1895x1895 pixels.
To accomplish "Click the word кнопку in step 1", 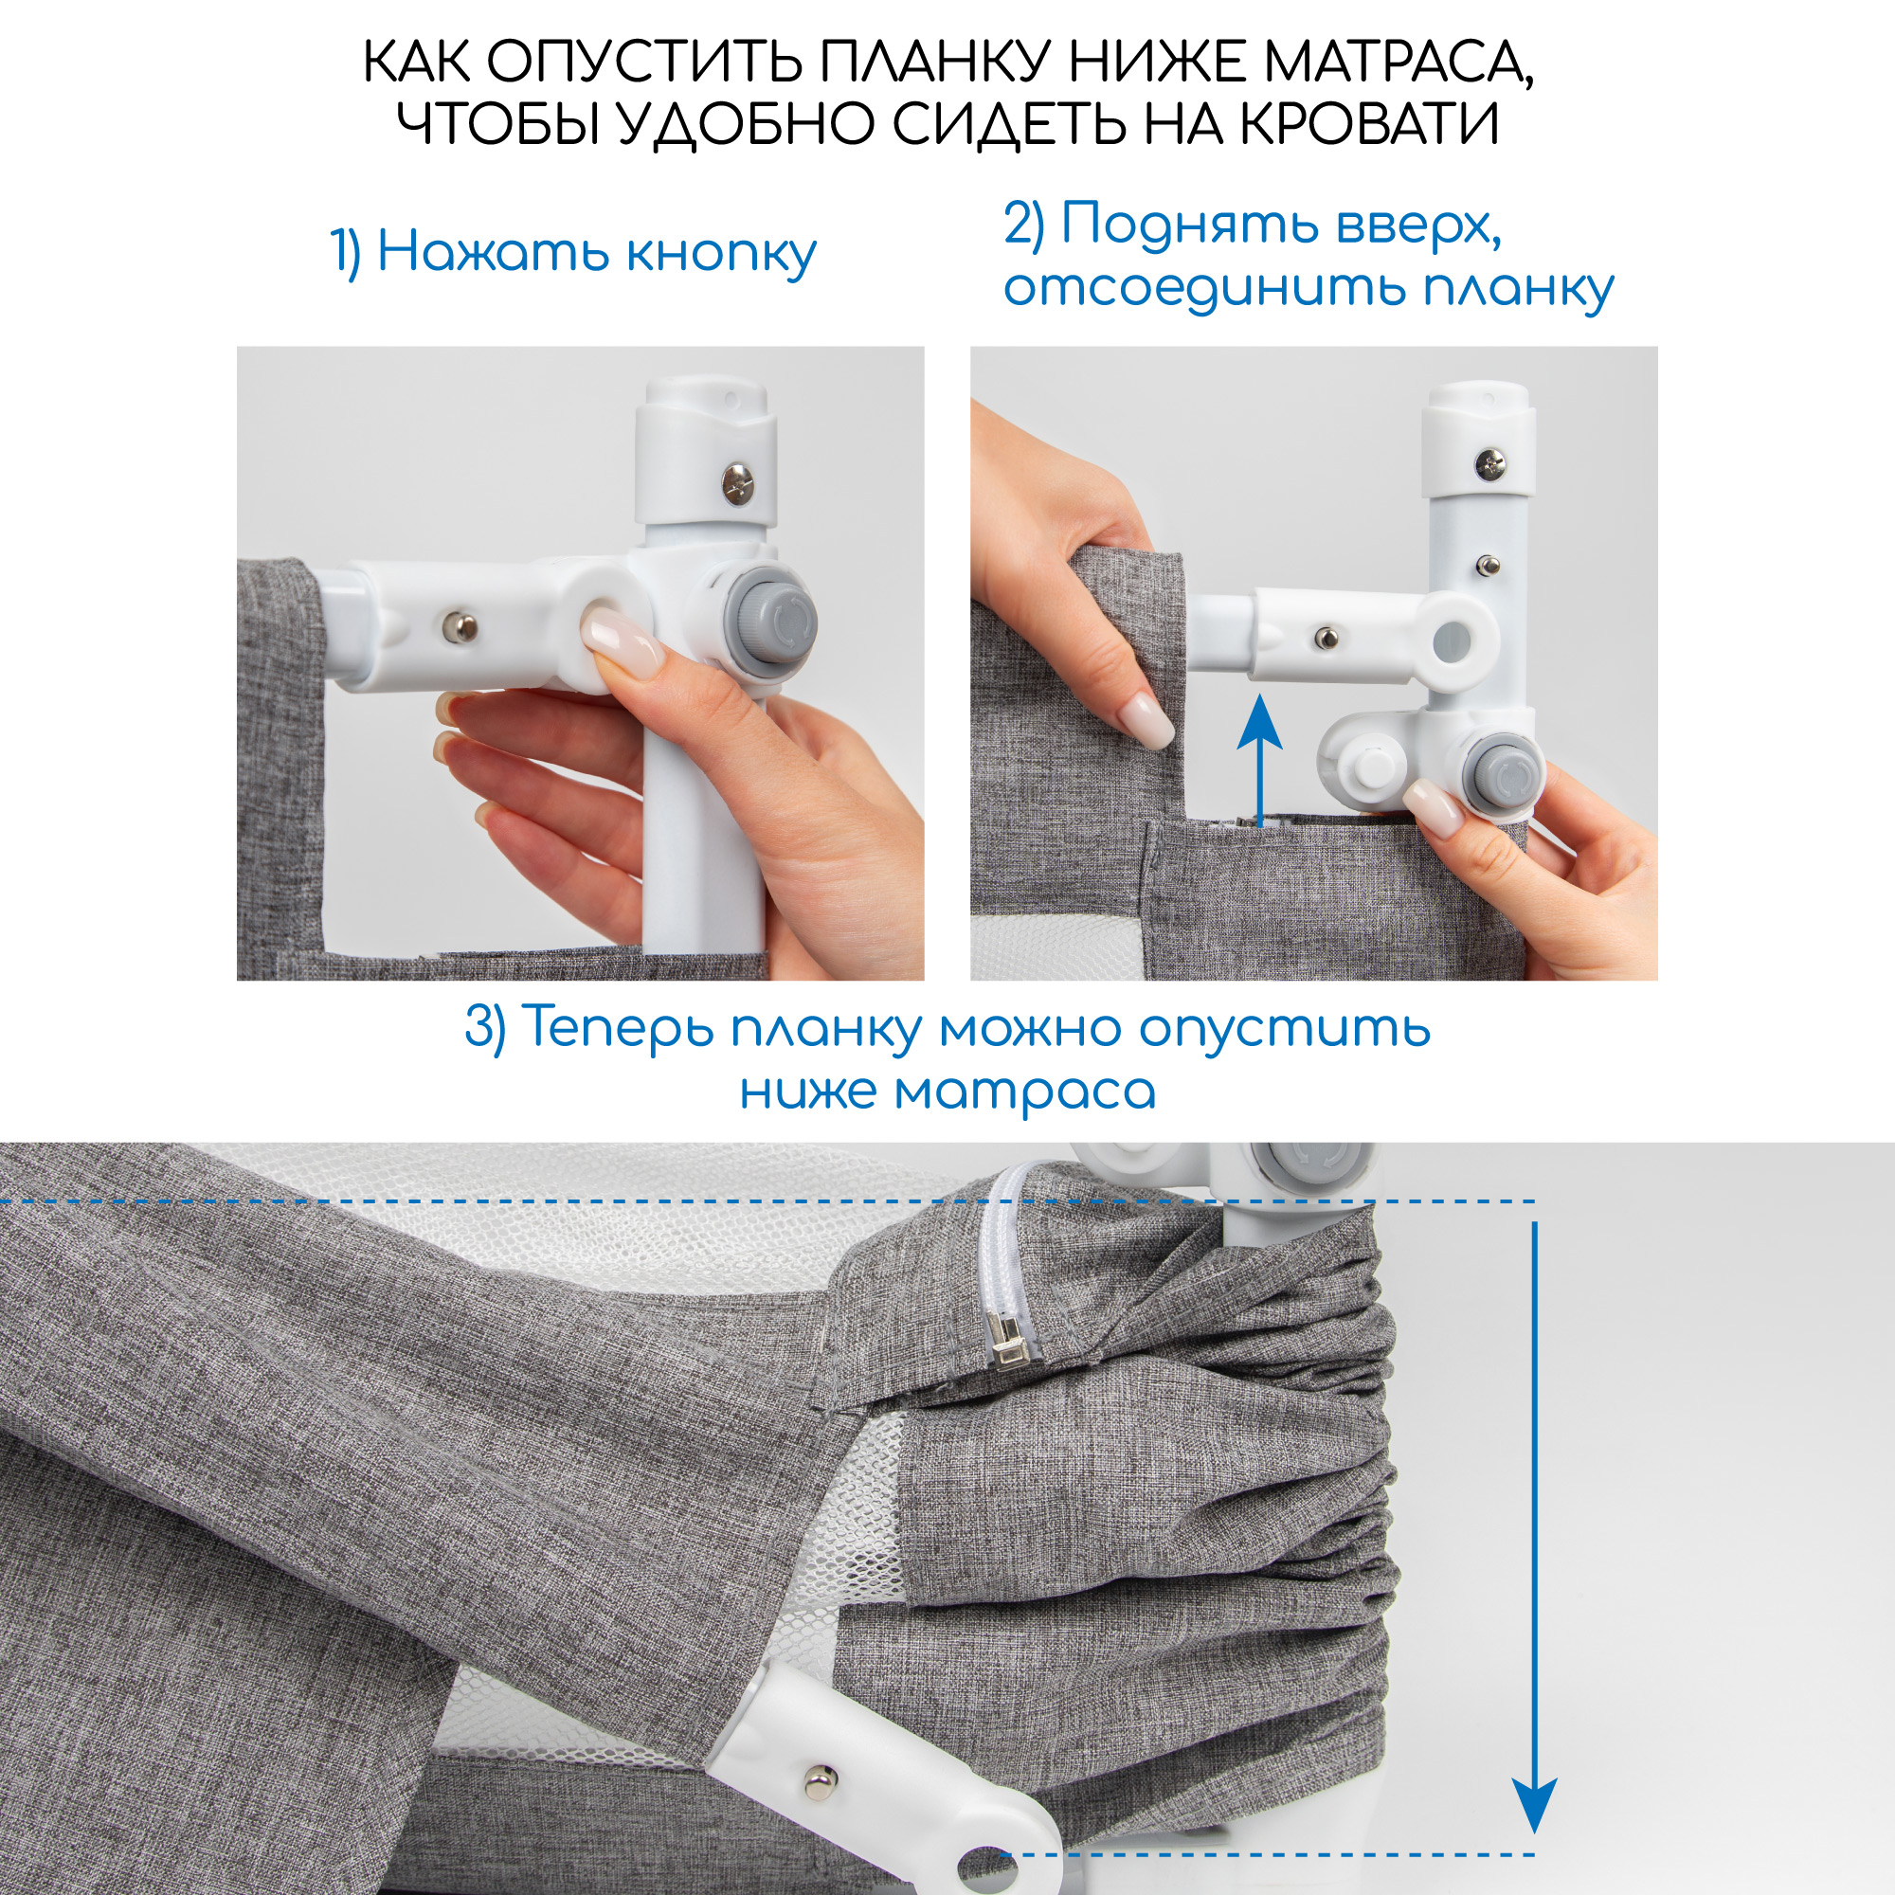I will pyautogui.click(x=721, y=254).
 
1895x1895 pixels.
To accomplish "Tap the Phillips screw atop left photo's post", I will pyautogui.click(x=736, y=481).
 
